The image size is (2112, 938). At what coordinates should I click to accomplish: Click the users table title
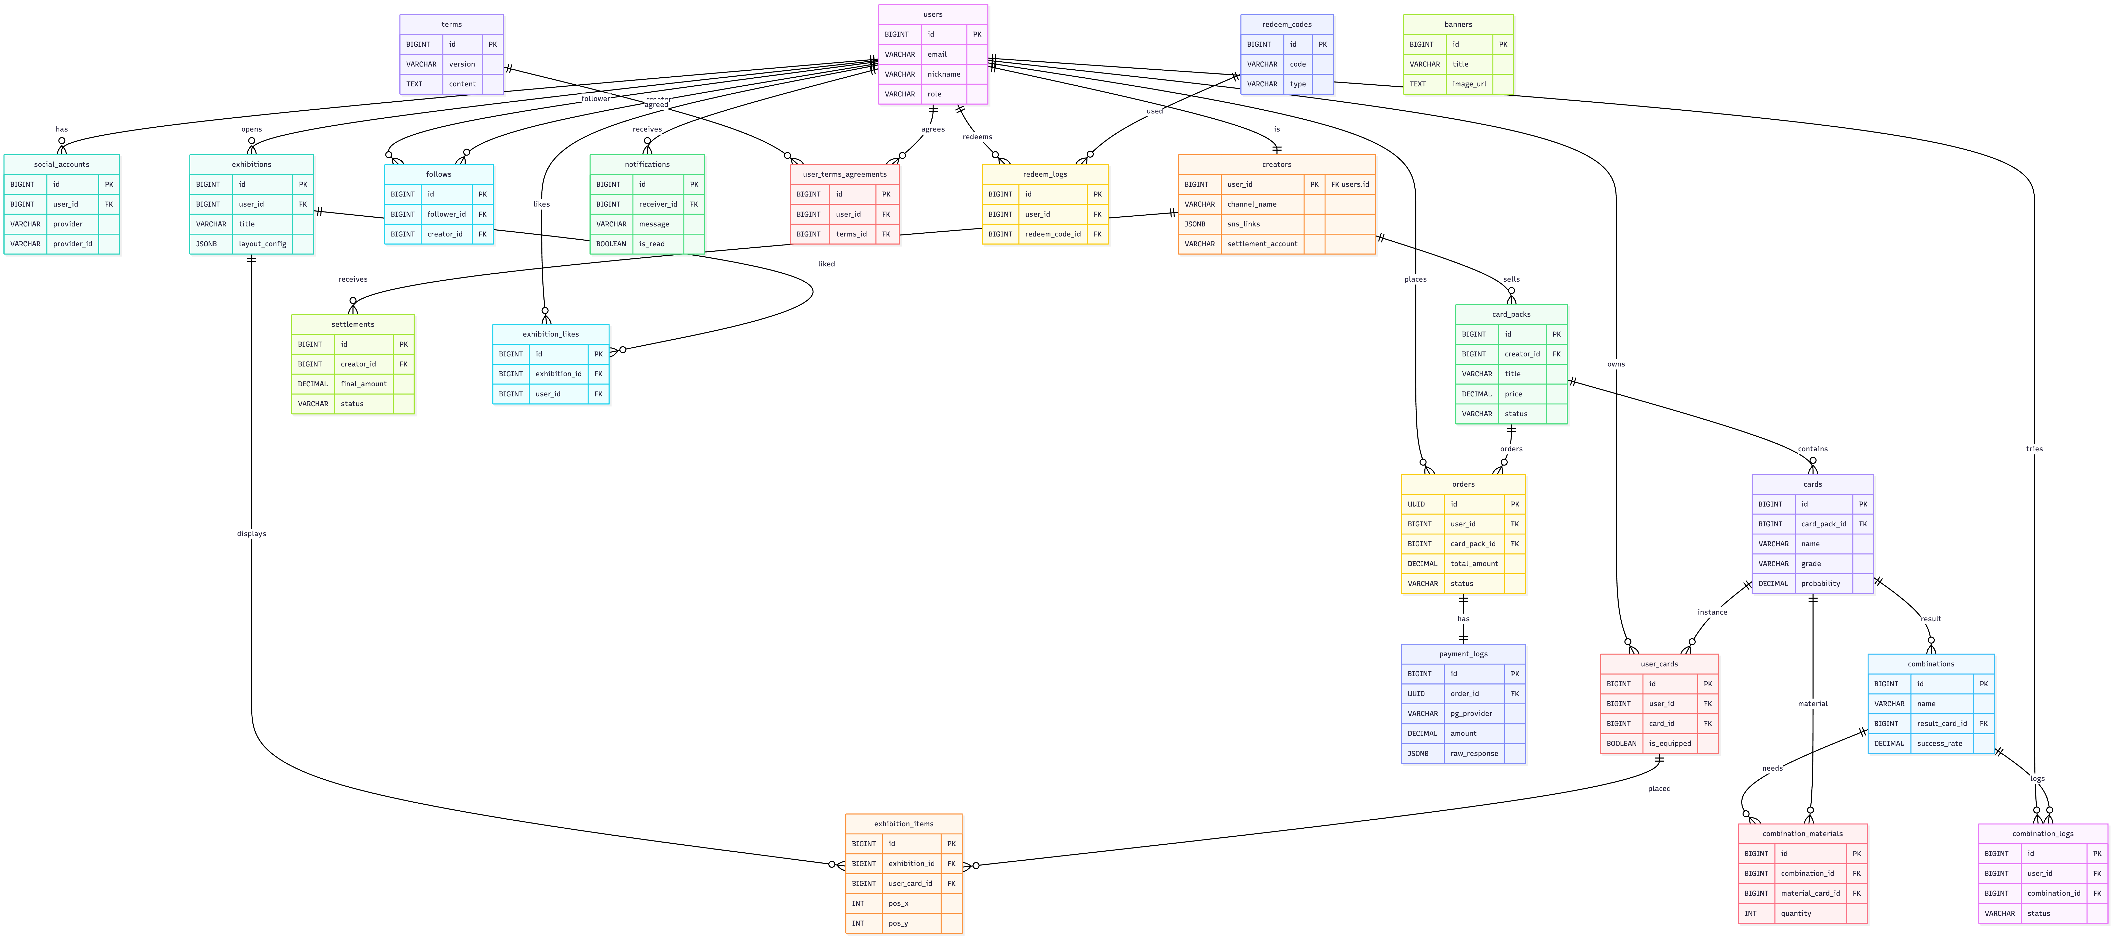(x=932, y=14)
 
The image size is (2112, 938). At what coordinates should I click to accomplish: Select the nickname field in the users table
(x=944, y=74)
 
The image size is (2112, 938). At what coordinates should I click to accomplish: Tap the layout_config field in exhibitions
(x=262, y=243)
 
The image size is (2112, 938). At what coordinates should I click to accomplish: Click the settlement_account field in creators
(x=1262, y=243)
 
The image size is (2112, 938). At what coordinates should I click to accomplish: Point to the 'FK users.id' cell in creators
(x=1349, y=184)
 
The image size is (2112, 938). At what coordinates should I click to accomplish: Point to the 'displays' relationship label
(x=251, y=534)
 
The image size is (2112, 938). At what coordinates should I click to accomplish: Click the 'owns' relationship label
(x=1615, y=364)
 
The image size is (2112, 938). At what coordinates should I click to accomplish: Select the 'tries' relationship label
(x=2033, y=448)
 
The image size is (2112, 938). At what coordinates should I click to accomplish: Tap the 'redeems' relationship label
(x=977, y=137)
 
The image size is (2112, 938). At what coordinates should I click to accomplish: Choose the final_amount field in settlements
(x=363, y=384)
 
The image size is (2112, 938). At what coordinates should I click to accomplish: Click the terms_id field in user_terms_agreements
(x=851, y=234)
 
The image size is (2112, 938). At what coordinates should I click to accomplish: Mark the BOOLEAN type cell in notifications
(x=611, y=243)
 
